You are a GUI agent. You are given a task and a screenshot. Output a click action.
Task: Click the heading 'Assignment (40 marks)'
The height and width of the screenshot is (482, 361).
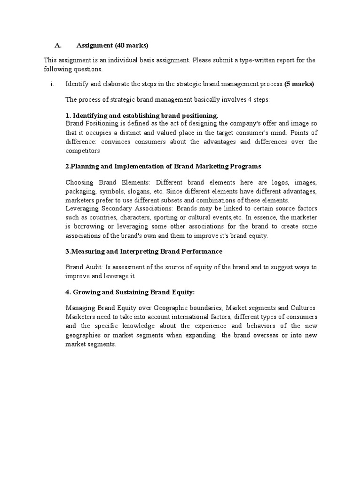coord(112,46)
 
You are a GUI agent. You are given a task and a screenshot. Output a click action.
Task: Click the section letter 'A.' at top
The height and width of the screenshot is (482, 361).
coord(58,46)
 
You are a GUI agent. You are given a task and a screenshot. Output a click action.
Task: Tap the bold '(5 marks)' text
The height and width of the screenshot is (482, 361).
coord(299,84)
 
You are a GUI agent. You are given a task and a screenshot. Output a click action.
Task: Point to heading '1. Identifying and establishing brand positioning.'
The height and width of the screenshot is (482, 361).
coord(142,115)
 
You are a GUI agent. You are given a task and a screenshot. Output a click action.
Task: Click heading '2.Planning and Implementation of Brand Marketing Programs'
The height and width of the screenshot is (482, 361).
coord(163,166)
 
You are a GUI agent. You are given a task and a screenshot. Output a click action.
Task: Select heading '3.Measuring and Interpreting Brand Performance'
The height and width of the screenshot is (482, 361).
coord(144,251)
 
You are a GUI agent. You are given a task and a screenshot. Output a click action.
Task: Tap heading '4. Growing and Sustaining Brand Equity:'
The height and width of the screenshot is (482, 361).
coord(130,292)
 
